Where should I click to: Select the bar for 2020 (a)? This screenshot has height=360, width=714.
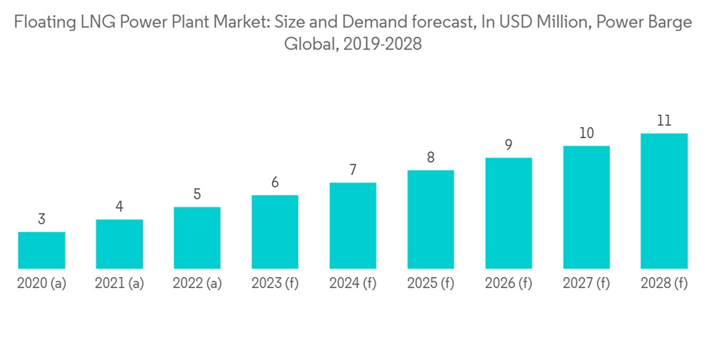pos(41,250)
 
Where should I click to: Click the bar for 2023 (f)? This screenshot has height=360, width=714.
pos(275,231)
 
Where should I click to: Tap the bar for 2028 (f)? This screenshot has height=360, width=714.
pos(664,201)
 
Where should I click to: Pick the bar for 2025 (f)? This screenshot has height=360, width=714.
pos(431,219)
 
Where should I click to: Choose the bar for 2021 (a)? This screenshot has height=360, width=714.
pos(119,244)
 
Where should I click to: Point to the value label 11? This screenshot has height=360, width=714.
pos(664,121)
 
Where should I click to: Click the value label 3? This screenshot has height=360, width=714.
pos(41,219)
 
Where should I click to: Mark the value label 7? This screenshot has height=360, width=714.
pos(353,170)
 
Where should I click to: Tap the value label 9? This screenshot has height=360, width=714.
pos(508,145)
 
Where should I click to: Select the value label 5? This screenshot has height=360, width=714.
pos(197,194)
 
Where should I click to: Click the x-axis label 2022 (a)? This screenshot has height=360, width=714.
pos(197,284)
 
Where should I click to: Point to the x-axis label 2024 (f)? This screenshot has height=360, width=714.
pos(353,284)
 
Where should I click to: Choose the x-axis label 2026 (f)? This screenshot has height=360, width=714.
pos(508,284)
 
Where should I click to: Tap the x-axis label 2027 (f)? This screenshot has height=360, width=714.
pos(586,284)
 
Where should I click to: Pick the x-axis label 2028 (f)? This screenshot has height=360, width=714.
pos(664,284)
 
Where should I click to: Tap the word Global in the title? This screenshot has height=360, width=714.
pos(311,44)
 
